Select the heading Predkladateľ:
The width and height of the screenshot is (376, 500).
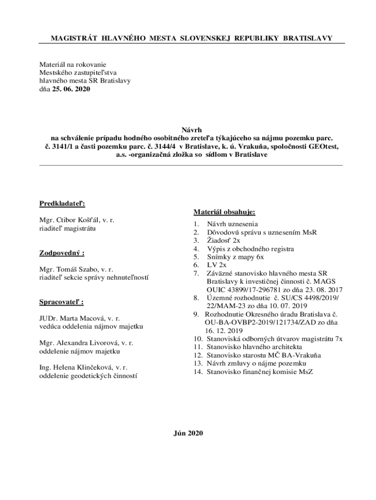point(59,204)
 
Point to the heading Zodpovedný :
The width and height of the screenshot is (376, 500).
point(61,253)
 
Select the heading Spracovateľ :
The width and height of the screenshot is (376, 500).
point(61,302)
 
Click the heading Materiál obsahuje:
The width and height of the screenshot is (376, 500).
point(224,212)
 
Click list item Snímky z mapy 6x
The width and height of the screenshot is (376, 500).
point(235,257)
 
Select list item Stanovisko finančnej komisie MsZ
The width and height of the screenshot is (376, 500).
point(260,372)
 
